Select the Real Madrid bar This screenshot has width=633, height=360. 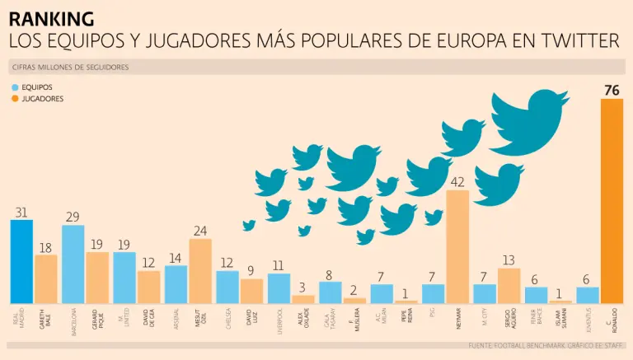click(x=21, y=261)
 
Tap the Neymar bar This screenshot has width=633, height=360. click(x=457, y=247)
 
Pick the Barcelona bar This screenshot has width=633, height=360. click(x=73, y=264)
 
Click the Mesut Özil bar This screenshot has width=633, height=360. click(x=200, y=271)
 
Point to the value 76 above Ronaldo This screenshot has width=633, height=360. click(x=612, y=90)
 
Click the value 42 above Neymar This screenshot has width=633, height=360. click(x=457, y=181)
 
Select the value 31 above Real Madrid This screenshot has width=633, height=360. click(x=21, y=212)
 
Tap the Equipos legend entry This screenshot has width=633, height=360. click(x=36, y=86)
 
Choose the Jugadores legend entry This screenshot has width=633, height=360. click(x=41, y=99)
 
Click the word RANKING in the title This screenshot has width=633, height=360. click(x=51, y=18)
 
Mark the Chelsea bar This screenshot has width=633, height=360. click(x=227, y=287)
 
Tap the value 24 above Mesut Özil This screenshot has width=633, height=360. click(x=200, y=231)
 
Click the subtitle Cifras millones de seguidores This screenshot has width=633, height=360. click(x=71, y=66)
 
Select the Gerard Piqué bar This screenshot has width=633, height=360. click(x=97, y=278)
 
